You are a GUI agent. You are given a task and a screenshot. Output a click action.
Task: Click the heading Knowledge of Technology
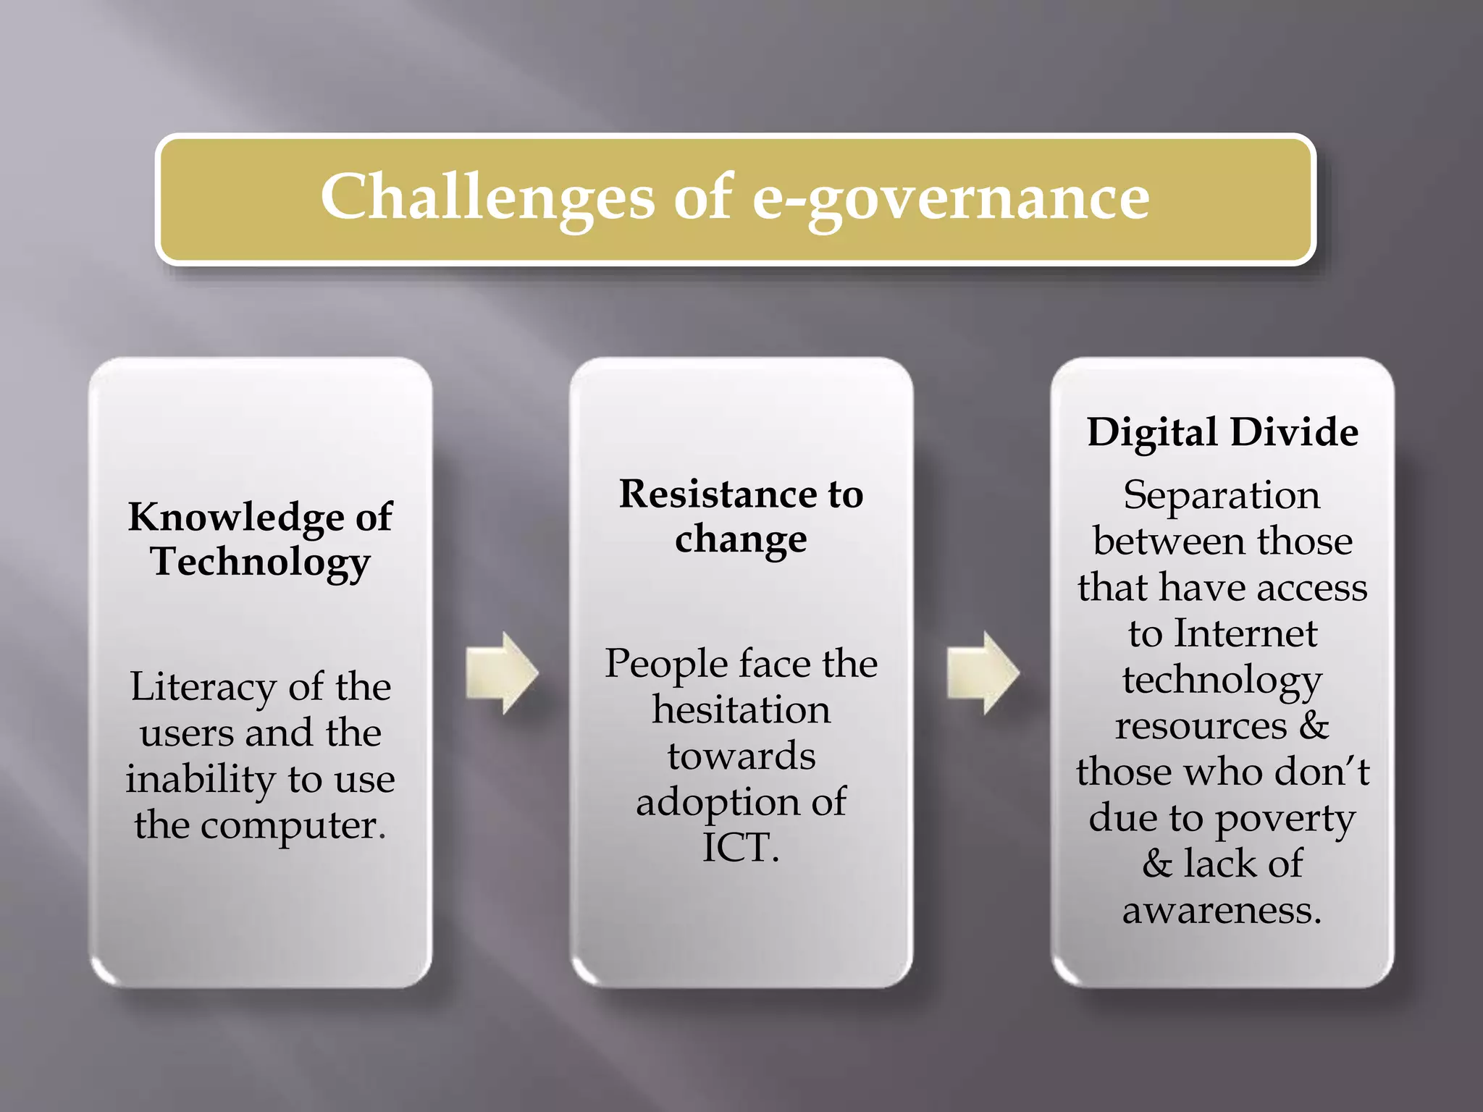tap(260, 539)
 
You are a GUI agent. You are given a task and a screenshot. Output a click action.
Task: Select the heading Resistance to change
tap(741, 516)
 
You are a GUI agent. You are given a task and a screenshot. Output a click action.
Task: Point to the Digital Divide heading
tap(1222, 432)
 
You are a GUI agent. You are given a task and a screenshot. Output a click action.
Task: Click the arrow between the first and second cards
tap(502, 673)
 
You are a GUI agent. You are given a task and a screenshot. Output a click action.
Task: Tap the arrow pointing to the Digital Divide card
tap(983, 673)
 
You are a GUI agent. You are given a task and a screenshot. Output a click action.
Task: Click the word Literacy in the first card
tap(203, 687)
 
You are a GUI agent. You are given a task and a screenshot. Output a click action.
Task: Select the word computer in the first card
tap(293, 825)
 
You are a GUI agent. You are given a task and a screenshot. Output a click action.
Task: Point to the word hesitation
tap(741, 709)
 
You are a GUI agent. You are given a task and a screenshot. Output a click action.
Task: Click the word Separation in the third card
tap(1222, 496)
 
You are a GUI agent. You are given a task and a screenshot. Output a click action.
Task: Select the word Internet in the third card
tap(1245, 633)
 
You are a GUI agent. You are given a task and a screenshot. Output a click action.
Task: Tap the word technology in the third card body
tap(1222, 681)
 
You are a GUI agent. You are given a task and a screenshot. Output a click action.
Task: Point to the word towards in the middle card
tap(741, 756)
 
